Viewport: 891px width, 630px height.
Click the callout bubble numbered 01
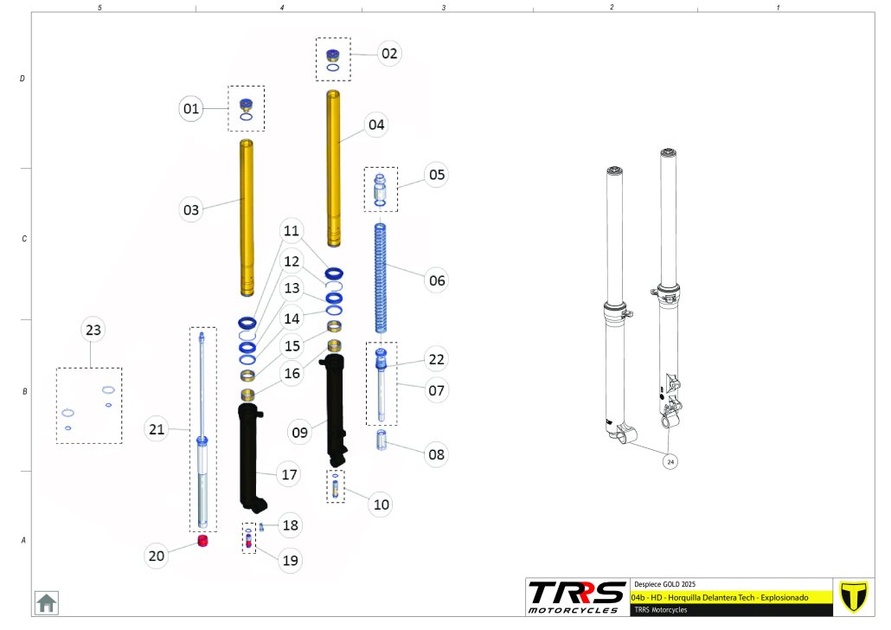(x=191, y=109)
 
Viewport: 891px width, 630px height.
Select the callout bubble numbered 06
(x=437, y=280)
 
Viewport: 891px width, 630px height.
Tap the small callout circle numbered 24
(x=670, y=462)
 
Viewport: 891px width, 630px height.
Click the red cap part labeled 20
(x=205, y=541)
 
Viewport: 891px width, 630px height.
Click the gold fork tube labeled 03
(x=247, y=216)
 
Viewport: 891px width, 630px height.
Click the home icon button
(x=46, y=602)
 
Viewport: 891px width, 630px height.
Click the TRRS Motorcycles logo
(x=576, y=597)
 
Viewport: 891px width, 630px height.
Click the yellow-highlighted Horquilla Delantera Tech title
(x=720, y=598)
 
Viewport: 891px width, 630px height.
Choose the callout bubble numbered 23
(x=93, y=330)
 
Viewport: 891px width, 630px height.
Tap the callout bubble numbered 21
(x=157, y=428)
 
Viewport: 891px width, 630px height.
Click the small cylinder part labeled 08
(x=381, y=443)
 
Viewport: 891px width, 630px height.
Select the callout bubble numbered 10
(x=381, y=505)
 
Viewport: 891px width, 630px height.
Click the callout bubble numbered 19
(x=290, y=561)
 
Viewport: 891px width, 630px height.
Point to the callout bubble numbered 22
(x=437, y=359)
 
